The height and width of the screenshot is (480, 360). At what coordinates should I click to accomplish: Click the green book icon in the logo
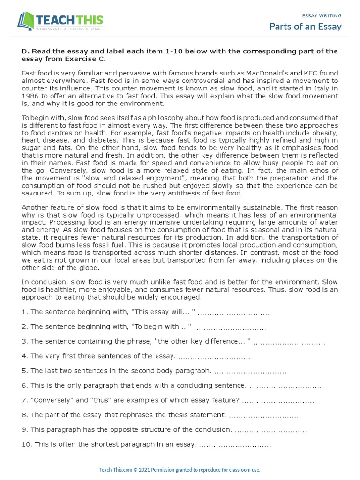(x=26, y=22)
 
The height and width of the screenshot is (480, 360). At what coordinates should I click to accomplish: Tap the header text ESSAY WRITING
(x=322, y=15)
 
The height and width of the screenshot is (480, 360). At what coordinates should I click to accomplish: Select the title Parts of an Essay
(x=305, y=26)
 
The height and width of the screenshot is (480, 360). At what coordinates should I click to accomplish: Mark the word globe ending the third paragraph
(x=89, y=268)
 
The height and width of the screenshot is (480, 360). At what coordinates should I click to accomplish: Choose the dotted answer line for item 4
(x=214, y=357)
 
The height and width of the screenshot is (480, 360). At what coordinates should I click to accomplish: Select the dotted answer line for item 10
(x=235, y=444)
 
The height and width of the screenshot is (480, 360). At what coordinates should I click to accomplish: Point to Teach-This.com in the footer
(x=116, y=470)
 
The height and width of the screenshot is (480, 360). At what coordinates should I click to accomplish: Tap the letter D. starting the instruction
(x=25, y=52)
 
